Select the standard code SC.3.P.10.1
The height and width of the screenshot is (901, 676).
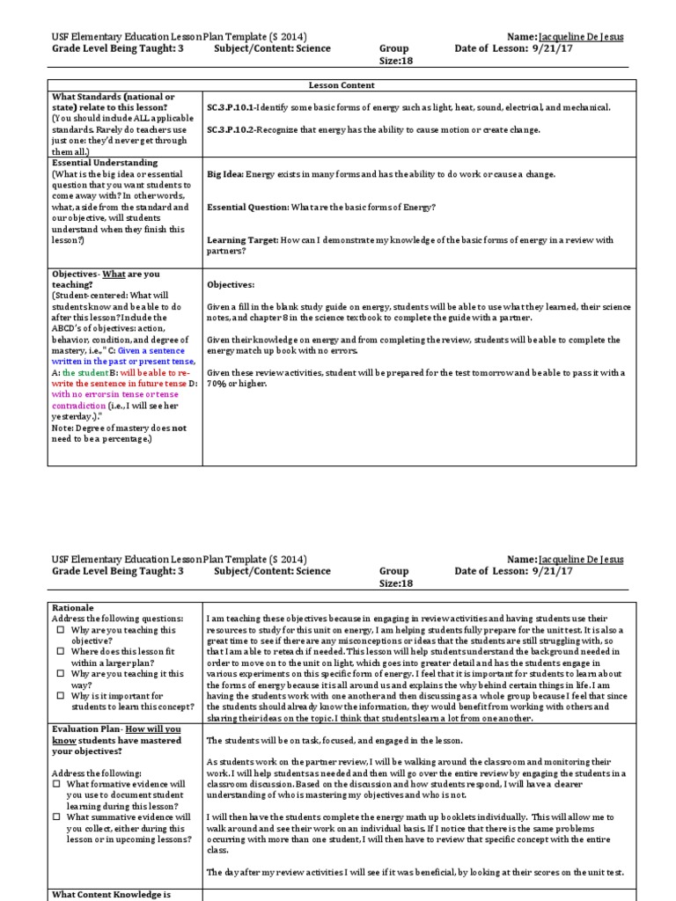[x=231, y=107]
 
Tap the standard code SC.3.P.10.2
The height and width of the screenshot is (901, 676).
[x=231, y=130]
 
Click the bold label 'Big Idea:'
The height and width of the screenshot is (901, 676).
[x=224, y=174]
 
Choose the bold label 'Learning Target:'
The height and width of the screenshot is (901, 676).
[x=242, y=240]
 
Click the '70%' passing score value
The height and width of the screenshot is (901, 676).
[x=217, y=384]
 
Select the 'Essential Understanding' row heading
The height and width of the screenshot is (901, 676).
[x=104, y=163]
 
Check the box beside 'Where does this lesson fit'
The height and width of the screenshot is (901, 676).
[x=59, y=652]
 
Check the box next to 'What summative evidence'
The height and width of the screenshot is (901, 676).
[x=59, y=817]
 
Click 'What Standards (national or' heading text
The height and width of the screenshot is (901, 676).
[x=113, y=96]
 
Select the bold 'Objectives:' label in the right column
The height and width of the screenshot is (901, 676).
[x=230, y=285]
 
